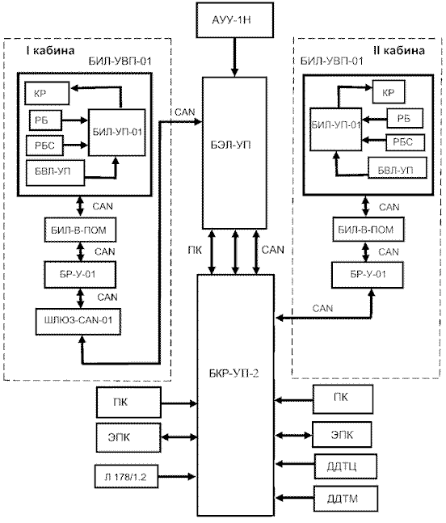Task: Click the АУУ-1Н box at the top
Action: [234, 20]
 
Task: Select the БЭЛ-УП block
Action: [234, 153]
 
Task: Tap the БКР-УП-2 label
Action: [234, 373]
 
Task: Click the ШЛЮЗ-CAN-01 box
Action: [78, 321]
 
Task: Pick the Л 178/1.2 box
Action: [126, 477]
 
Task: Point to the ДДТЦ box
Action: [345, 466]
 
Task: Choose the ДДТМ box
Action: [346, 499]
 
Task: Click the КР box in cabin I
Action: [47, 94]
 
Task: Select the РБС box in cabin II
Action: [406, 142]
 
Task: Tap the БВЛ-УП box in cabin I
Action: [55, 172]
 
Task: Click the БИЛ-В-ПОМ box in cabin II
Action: [368, 229]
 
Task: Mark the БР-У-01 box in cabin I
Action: [80, 275]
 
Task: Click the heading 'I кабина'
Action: [50, 50]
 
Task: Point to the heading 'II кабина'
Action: [399, 50]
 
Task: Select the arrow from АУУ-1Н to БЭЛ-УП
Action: [234, 57]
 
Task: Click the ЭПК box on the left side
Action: [128, 437]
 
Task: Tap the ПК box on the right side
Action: [343, 399]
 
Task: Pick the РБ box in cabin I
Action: [45, 120]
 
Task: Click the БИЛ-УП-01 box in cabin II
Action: [335, 129]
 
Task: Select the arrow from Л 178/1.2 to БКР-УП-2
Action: [177, 477]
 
